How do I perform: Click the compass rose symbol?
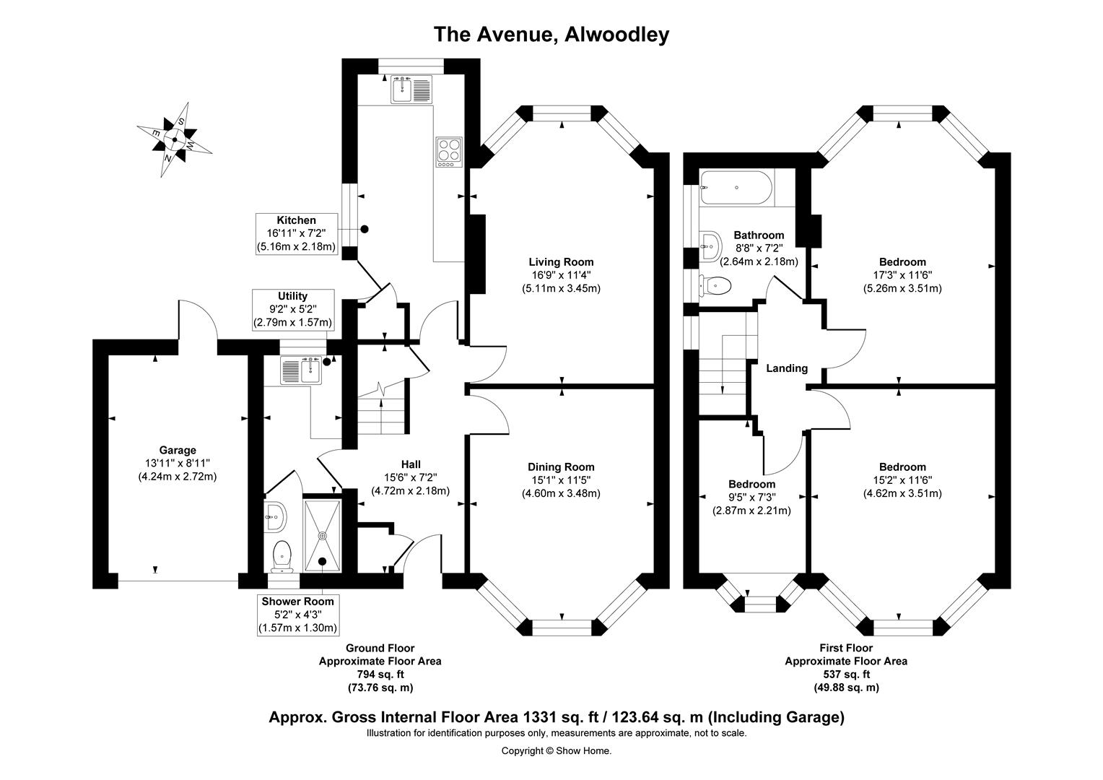[174, 140]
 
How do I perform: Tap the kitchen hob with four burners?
[449, 152]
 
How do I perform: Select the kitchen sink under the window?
[411, 90]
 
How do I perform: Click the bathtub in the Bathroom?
[736, 187]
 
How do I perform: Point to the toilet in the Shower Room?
[282, 555]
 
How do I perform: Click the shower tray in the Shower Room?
[322, 534]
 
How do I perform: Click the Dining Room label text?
[561, 467]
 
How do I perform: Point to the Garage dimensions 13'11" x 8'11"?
[178, 464]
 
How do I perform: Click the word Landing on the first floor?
[787, 368]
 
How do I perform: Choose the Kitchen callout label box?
[297, 233]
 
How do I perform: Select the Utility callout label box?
[292, 309]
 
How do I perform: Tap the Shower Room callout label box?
[297, 615]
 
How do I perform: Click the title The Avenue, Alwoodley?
[551, 34]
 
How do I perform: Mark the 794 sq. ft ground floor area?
[380, 675]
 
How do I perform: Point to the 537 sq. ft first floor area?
[845, 675]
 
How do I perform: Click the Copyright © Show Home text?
[556, 750]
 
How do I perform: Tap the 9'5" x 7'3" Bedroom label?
[751, 497]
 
